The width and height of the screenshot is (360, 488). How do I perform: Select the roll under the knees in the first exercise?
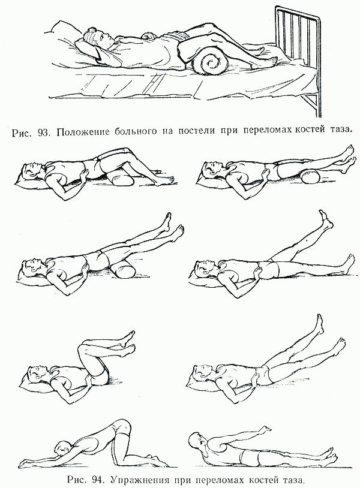click(x=118, y=181)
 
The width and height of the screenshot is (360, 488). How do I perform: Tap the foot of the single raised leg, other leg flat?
click(x=325, y=218)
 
